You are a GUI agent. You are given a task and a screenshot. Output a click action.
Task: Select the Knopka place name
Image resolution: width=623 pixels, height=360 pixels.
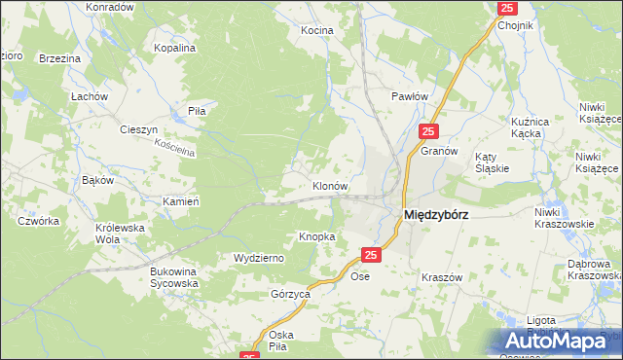(x=317, y=236)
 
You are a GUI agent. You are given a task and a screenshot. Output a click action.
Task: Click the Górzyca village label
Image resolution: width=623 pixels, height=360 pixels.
(x=290, y=293)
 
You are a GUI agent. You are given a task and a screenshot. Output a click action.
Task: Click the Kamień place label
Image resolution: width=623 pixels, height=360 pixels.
(x=181, y=201)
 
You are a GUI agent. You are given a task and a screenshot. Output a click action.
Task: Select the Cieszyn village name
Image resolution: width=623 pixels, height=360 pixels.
(x=138, y=129)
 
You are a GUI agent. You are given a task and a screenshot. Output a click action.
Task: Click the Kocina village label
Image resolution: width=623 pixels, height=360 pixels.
(x=316, y=31)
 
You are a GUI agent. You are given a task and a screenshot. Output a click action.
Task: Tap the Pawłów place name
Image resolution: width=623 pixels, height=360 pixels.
(x=410, y=96)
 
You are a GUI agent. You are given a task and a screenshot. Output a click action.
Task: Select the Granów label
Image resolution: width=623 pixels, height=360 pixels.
(x=439, y=152)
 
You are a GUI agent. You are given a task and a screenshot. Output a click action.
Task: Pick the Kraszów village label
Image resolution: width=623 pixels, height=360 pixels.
(x=441, y=277)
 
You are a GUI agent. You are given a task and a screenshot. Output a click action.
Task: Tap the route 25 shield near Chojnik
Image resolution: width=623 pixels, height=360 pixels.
(x=506, y=8)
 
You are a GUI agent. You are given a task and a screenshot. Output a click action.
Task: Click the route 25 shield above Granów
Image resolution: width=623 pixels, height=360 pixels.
(x=429, y=129)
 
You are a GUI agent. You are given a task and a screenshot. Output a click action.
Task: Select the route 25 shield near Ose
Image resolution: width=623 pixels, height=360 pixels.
(x=370, y=255)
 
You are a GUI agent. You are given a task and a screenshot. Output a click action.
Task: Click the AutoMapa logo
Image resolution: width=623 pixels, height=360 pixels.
(x=560, y=341)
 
